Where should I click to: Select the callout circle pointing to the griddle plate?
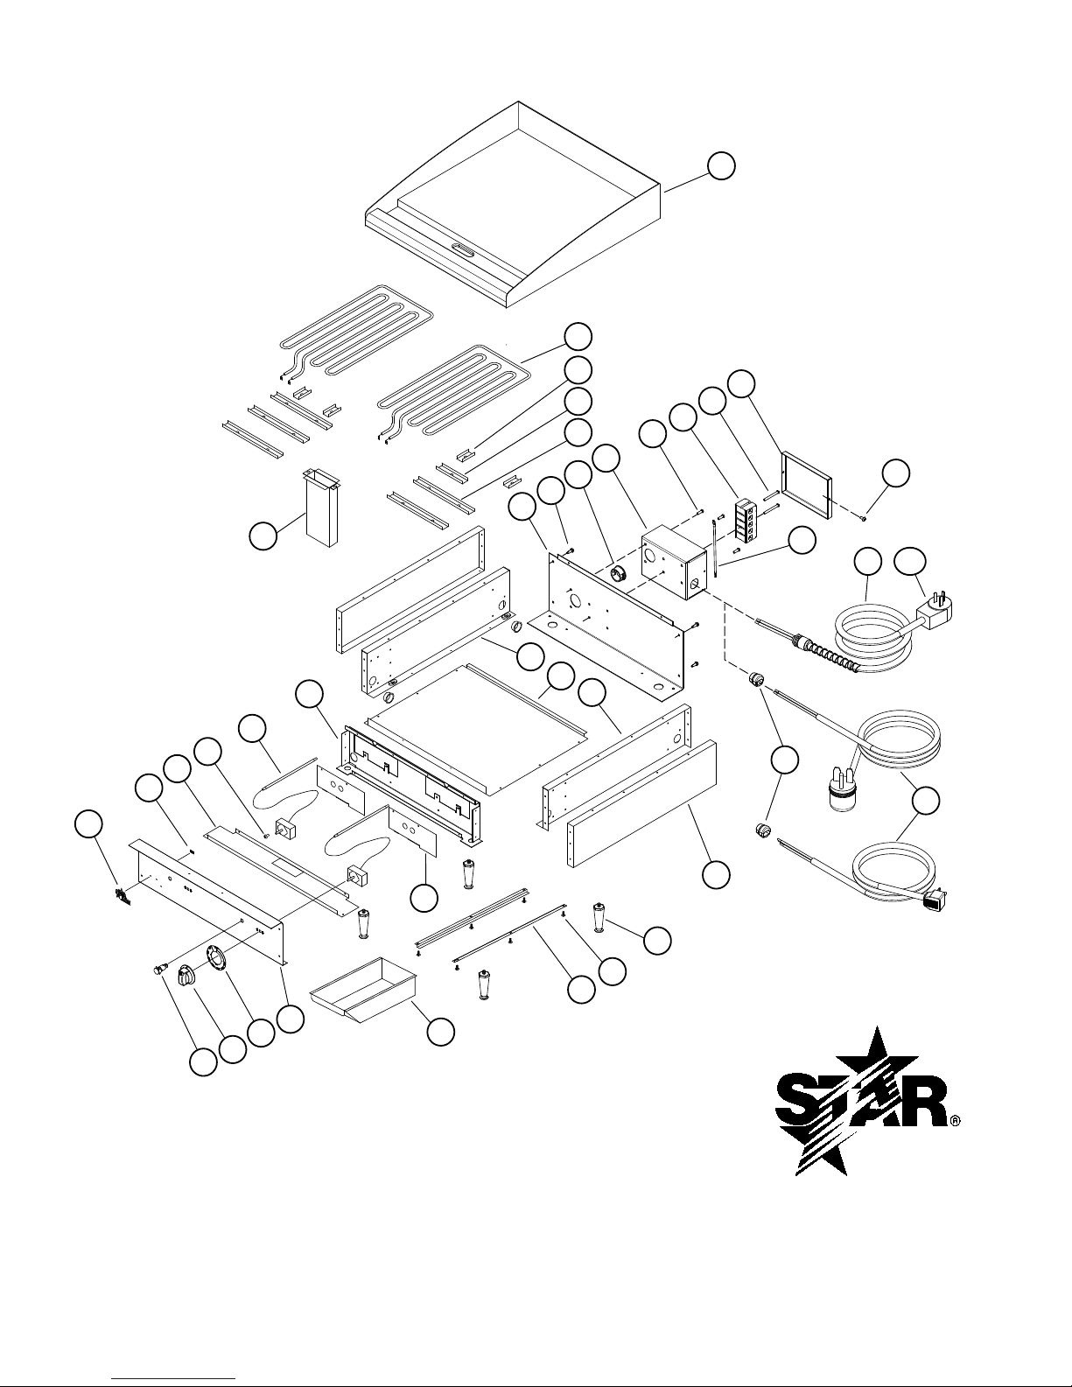[x=721, y=166]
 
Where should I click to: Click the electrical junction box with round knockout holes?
[x=673, y=562]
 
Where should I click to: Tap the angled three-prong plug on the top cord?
[x=935, y=613]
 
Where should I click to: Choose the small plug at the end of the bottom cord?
[x=935, y=900]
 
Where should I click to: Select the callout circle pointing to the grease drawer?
[x=440, y=1032]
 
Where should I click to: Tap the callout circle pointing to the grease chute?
[x=263, y=536]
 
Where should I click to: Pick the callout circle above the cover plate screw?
[x=896, y=473]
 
